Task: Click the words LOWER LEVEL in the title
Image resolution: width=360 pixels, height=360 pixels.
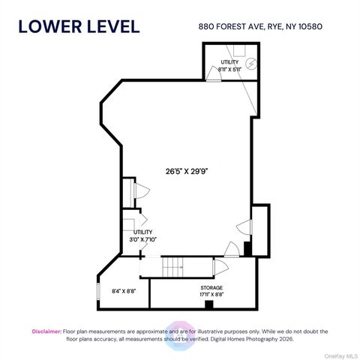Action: [79, 26]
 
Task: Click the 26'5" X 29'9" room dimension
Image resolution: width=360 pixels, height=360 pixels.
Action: [187, 169]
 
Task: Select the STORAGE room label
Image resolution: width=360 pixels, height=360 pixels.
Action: [211, 287]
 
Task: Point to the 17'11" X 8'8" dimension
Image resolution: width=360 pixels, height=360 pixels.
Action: [211, 295]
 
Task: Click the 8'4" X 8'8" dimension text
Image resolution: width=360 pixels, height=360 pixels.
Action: [124, 291]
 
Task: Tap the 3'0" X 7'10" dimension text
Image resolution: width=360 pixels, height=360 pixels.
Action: [142, 239]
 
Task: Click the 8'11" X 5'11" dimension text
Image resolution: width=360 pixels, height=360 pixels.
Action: [229, 69]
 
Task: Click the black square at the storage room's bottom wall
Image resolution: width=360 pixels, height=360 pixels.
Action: [211, 304]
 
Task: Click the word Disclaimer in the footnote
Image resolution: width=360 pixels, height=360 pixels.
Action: [45, 331]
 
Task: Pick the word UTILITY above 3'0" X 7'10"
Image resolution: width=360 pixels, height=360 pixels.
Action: [142, 232]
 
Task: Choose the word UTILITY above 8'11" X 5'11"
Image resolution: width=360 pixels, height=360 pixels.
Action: [229, 61]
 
